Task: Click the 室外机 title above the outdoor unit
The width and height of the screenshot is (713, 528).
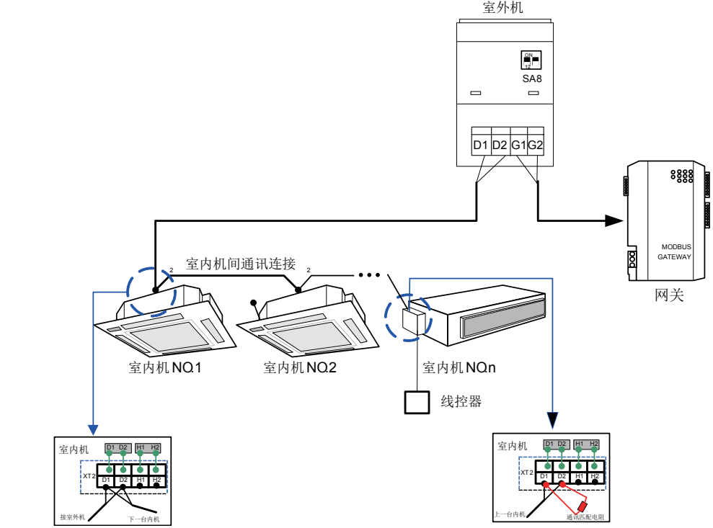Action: pyautogui.click(x=502, y=8)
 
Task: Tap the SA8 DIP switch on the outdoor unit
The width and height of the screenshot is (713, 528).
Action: pyautogui.click(x=531, y=60)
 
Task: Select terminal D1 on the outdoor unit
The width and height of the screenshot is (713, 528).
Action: pyautogui.click(x=480, y=146)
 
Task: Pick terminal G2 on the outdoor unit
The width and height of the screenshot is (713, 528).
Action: pyautogui.click(x=535, y=146)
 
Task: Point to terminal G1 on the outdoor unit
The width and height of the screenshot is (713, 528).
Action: pyautogui.click(x=518, y=146)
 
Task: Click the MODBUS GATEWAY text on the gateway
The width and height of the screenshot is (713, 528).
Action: pyautogui.click(x=673, y=251)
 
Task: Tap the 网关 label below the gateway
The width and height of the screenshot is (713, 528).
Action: pyautogui.click(x=669, y=295)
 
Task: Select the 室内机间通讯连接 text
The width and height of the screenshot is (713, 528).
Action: pyautogui.click(x=241, y=264)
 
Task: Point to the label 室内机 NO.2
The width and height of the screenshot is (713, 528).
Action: pyautogui.click(x=300, y=368)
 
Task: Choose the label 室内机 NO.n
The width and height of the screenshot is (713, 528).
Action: pyautogui.click(x=459, y=368)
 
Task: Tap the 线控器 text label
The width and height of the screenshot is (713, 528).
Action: pyautogui.click(x=461, y=401)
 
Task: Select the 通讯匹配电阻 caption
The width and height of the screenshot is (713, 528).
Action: pyautogui.click(x=584, y=517)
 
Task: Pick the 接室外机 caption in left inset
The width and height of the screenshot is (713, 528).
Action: pyautogui.click(x=73, y=517)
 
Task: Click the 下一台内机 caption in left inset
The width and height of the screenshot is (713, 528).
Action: pyautogui.click(x=144, y=519)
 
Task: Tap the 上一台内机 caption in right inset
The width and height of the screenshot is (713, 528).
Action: pyautogui.click(x=510, y=515)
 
